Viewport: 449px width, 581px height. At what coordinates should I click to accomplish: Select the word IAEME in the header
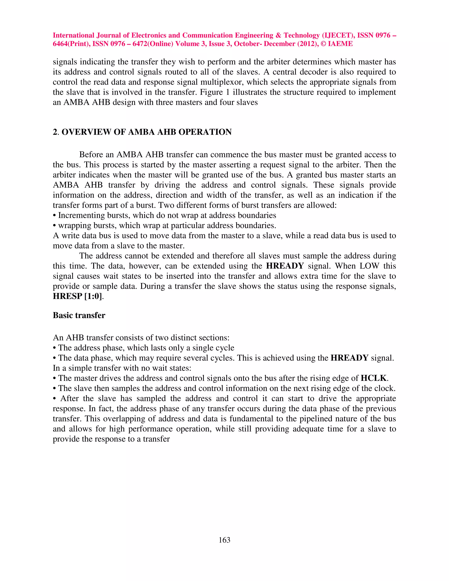[x=340, y=44]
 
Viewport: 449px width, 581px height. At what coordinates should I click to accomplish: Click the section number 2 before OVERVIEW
[x=55, y=132]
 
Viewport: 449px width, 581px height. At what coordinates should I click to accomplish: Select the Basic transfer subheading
[x=79, y=315]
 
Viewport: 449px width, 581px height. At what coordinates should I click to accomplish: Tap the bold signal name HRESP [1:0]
[x=77, y=296]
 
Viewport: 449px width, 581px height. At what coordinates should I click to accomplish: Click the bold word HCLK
[x=374, y=378]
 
